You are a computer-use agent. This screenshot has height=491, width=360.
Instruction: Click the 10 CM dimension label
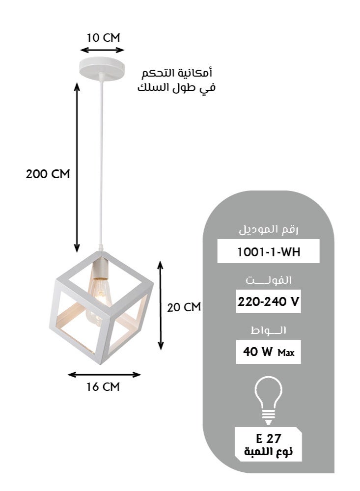tap(103, 38)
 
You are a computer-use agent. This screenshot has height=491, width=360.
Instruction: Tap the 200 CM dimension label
tap(48, 174)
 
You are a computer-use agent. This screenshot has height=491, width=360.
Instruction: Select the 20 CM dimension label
tap(184, 307)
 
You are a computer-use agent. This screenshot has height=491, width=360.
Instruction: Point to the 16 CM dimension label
tap(103, 387)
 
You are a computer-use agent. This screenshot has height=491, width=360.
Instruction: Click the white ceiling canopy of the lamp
tap(102, 68)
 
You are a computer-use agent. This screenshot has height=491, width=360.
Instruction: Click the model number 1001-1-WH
tap(269, 252)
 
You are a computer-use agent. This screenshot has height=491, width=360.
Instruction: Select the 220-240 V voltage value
tap(268, 302)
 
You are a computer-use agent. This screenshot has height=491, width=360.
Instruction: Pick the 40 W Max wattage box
tap(268, 352)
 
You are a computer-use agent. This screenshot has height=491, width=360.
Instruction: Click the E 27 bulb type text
tap(268, 438)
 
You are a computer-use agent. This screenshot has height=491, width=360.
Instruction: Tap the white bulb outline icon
tap(268, 400)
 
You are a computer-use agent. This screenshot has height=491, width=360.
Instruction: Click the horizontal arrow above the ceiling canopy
tap(102, 50)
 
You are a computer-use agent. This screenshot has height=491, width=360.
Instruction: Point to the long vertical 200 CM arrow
tap(77, 167)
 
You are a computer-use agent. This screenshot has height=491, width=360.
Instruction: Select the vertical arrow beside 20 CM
tap(161, 305)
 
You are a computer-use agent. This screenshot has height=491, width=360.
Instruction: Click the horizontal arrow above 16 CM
tap(104, 375)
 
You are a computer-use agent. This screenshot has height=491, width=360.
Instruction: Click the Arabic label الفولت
tap(269, 280)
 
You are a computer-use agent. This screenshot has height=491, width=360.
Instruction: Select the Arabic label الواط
tap(268, 330)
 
